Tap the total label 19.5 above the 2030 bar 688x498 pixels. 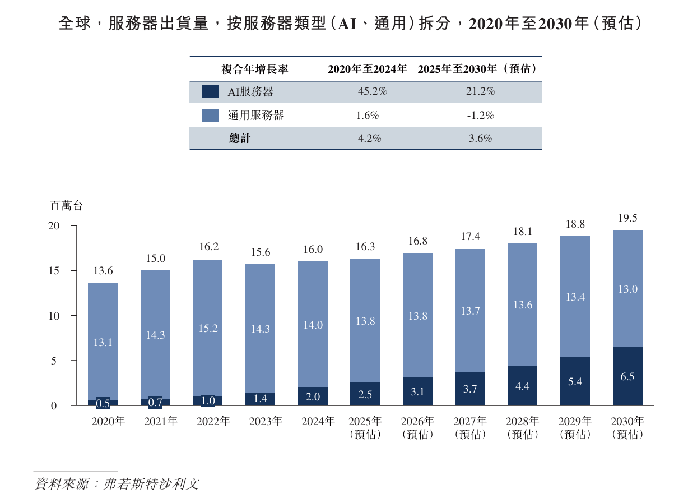[x=627, y=219]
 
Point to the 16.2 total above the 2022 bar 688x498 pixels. [x=208, y=247]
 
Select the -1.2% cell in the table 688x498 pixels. [x=480, y=116]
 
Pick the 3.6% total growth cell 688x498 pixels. [x=480, y=139]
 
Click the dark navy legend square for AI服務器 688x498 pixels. [x=210, y=92]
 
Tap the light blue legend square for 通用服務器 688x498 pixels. [x=210, y=116]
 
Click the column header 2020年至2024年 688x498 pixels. [x=367, y=70]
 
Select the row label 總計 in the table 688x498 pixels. [x=240, y=139]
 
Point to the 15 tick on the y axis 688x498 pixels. [x=54, y=271]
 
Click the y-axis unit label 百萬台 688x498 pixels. [x=66, y=206]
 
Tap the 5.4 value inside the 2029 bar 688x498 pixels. [x=575, y=382]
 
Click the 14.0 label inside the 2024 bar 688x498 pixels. [x=313, y=325]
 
